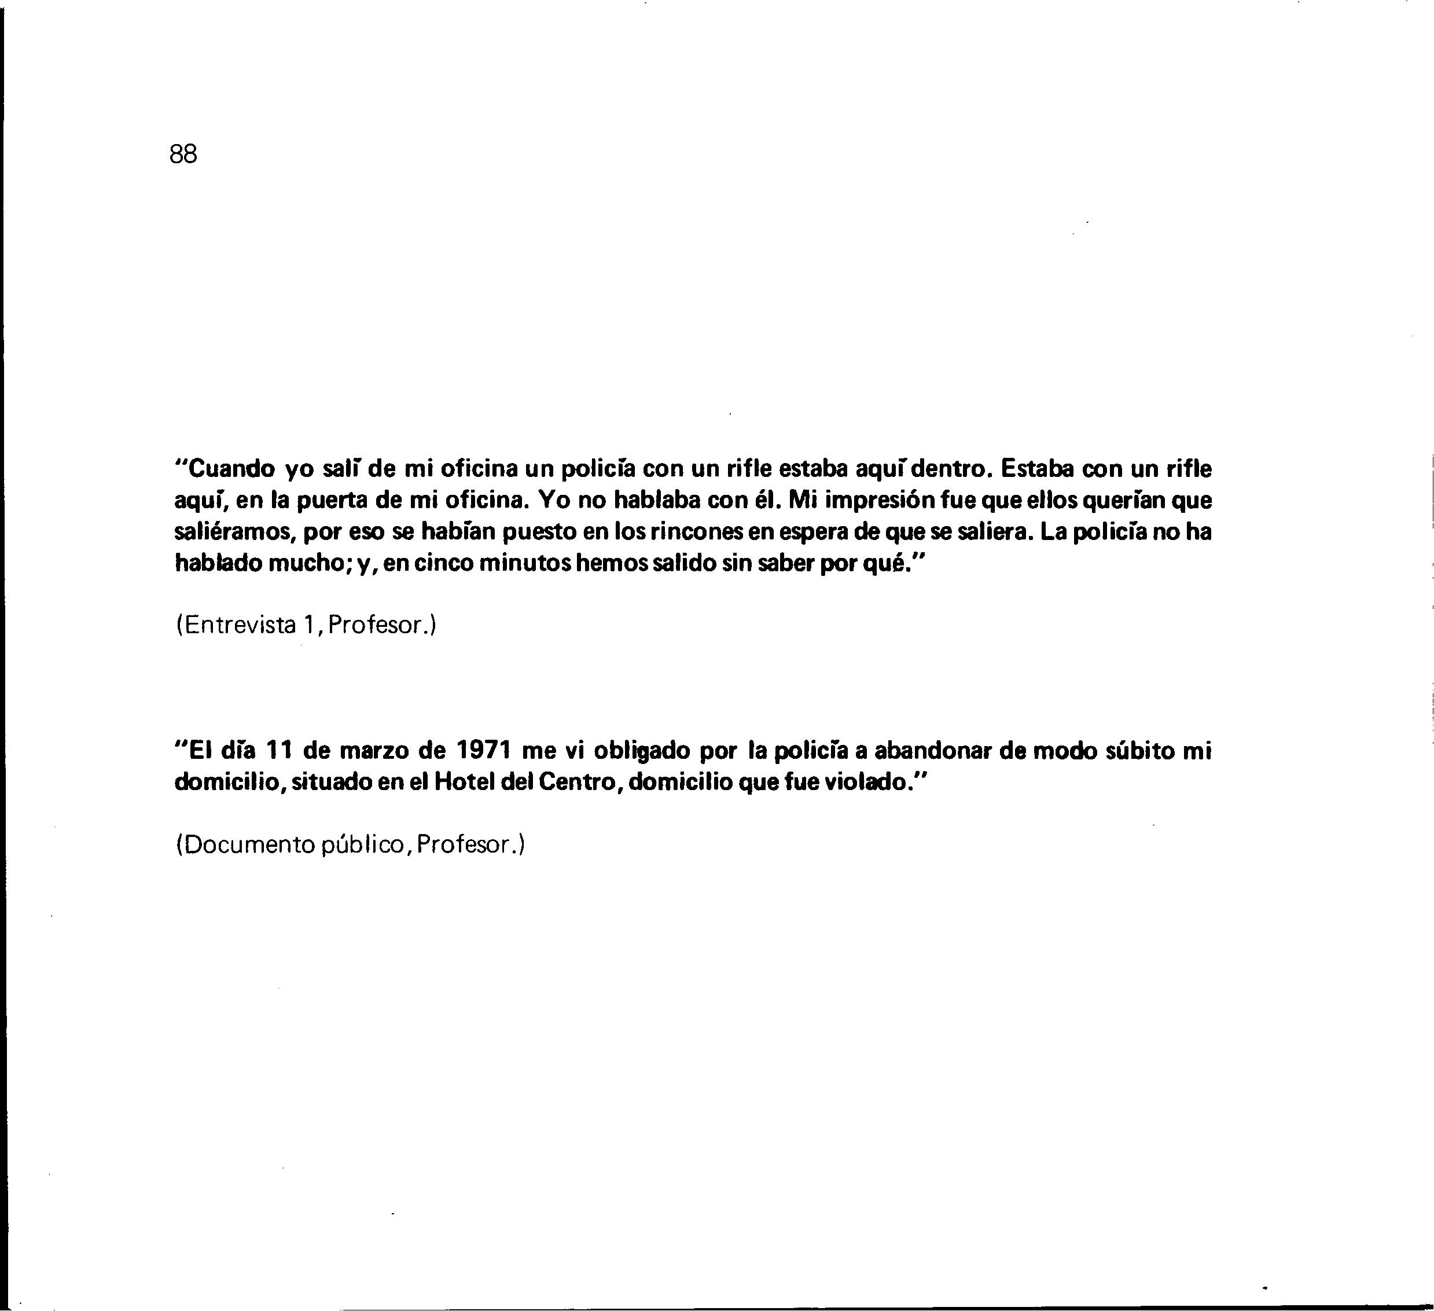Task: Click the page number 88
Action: point(183,153)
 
